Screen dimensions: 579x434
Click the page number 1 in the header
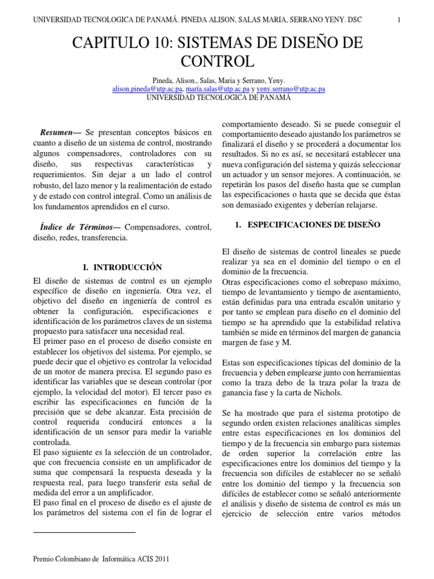pos(399,19)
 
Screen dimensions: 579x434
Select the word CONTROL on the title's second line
pos(216,61)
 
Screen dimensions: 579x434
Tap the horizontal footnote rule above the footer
pos(84,532)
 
